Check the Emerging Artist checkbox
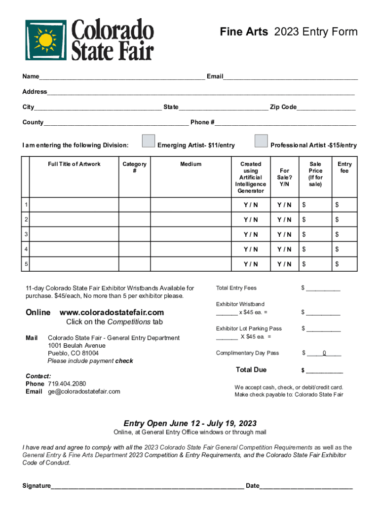tap(148, 141)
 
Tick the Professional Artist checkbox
tap(261, 141)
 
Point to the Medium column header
tap(190, 164)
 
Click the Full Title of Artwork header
tap(74, 164)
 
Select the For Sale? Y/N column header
tap(284, 178)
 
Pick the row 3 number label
tap(25, 234)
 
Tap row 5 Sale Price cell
tap(315, 264)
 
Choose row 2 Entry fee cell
tap(344, 219)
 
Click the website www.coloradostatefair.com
tap(112, 313)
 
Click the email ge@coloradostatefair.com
tap(84, 392)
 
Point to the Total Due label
tap(251, 370)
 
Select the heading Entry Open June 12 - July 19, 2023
tap(190, 424)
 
